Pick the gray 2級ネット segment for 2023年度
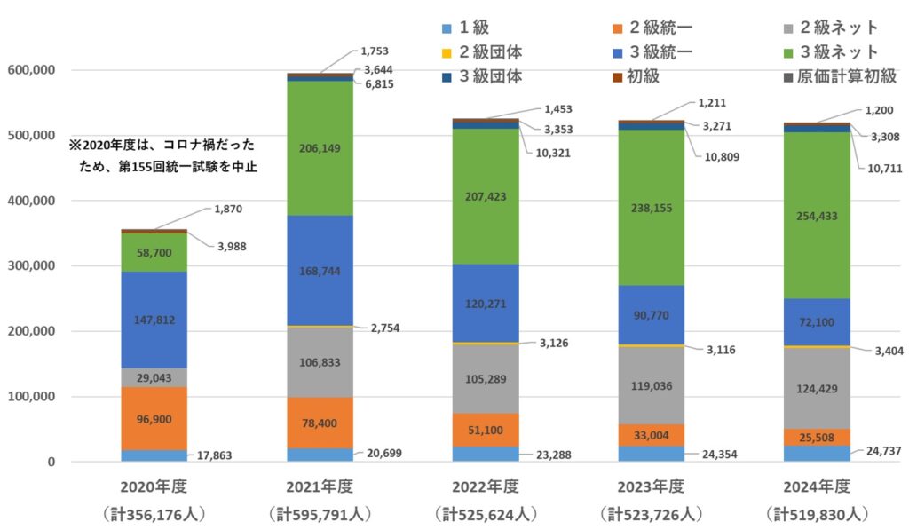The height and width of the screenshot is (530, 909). point(651,385)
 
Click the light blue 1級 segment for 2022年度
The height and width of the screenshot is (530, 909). point(485,453)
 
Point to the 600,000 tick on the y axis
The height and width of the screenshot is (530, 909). point(31,70)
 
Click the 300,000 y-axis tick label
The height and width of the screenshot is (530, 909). point(31,266)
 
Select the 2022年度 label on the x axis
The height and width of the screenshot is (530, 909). point(485,486)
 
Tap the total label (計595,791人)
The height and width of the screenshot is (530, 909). point(320,513)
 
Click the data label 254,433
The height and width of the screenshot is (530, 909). point(817,216)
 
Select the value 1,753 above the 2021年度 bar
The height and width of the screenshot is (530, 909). point(375,51)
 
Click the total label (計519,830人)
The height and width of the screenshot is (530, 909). point(817,513)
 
